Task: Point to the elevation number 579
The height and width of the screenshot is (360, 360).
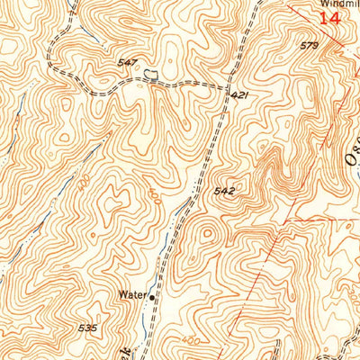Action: coord(310,44)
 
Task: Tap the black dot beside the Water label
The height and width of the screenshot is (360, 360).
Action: coord(152,294)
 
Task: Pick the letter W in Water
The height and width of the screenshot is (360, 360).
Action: coord(121,293)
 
